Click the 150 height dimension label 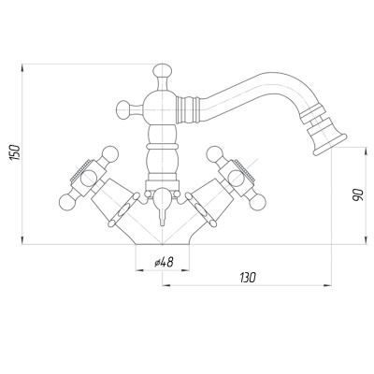click(16, 152)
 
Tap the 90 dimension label click(358, 194)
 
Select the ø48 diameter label click(164, 262)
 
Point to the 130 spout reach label click(248, 278)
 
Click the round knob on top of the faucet click(163, 70)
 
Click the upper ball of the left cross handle click(110, 153)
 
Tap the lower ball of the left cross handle click(67, 202)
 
